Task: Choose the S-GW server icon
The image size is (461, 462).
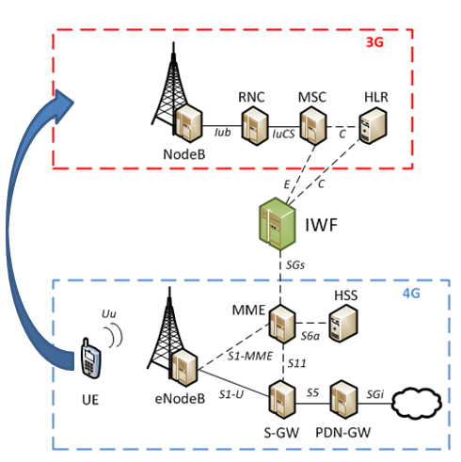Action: pos(278,392)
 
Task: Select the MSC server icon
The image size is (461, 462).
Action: pos(310,122)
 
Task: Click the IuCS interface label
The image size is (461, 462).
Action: pos(282,135)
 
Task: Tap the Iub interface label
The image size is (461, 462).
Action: pos(222,135)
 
